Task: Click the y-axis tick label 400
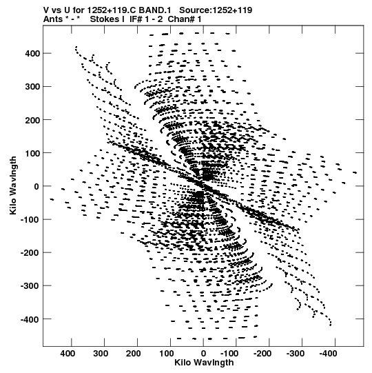pos(32,54)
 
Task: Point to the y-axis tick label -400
pos(30,319)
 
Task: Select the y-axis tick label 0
pos(37,186)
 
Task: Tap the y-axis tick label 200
pos(32,120)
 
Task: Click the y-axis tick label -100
pos(30,219)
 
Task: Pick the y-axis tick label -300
pos(30,286)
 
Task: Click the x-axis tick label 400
pos(68,354)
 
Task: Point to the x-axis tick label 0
pos(203,354)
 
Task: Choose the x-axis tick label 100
pos(167,354)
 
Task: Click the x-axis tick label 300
pos(101,354)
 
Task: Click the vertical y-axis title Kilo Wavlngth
pos(13,185)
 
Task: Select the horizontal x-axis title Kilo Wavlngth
pos(204,363)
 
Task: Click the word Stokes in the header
pos(104,19)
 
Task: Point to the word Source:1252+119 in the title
pos(216,10)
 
